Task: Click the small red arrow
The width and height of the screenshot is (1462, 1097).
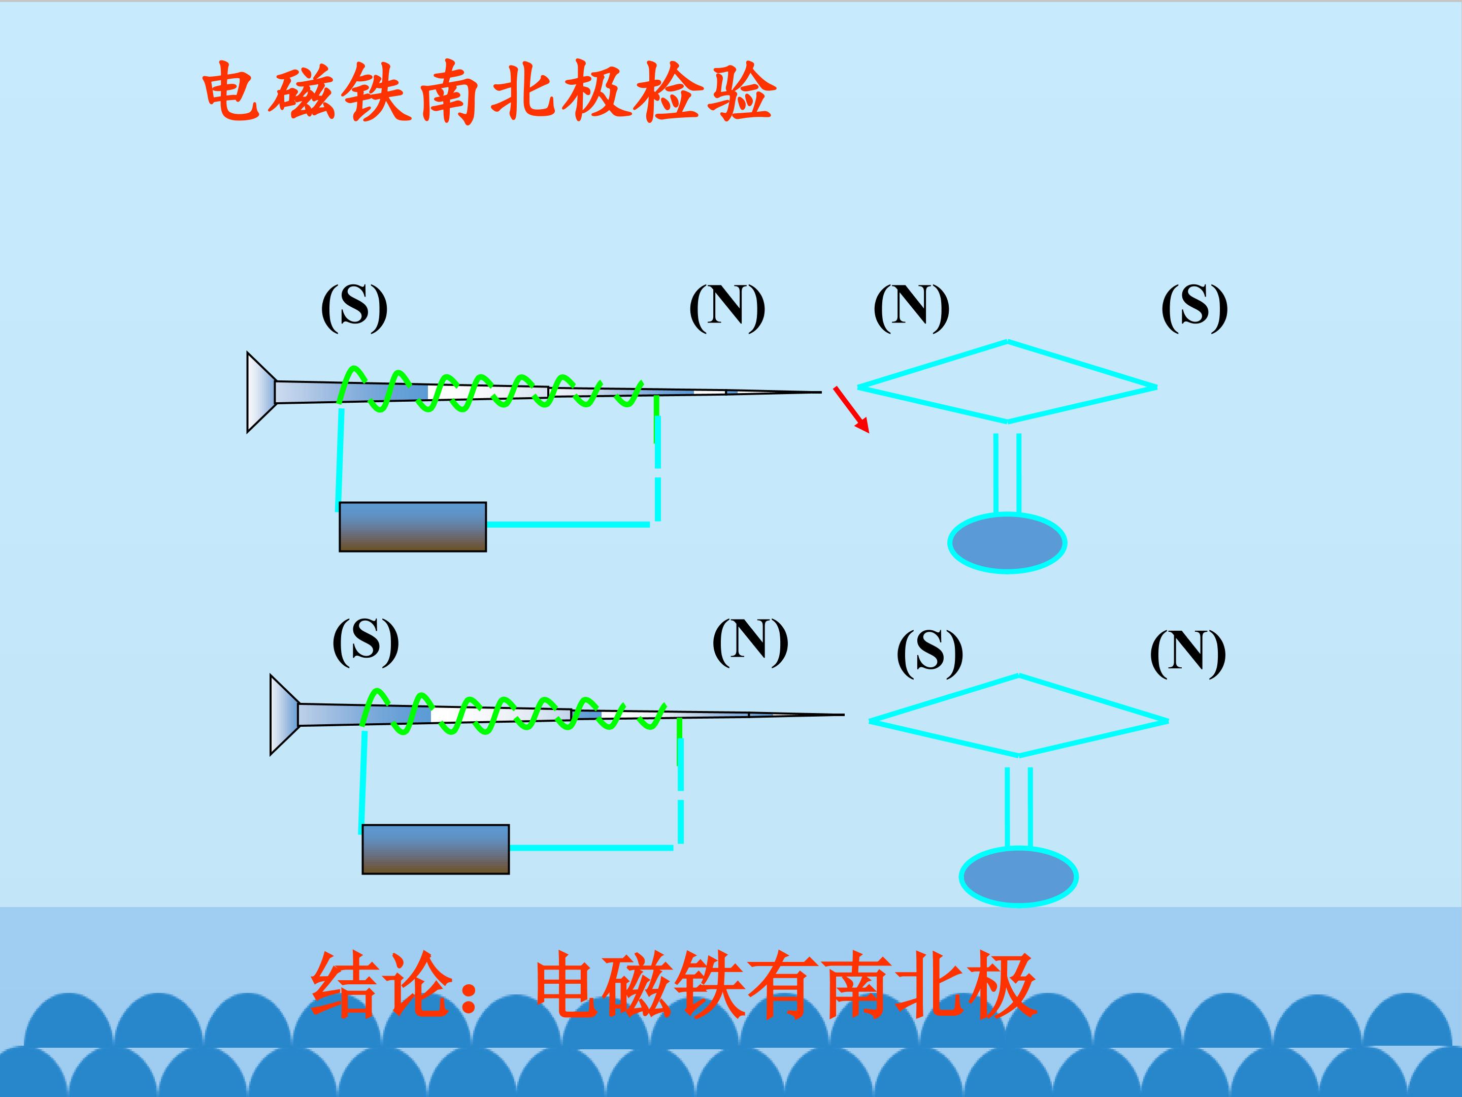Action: [851, 409]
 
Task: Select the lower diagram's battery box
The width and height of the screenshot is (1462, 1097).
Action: [436, 849]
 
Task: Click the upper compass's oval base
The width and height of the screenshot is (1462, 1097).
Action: [1007, 543]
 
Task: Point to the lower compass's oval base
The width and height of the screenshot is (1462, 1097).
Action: [1018, 877]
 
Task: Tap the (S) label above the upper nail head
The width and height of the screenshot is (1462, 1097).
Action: [354, 307]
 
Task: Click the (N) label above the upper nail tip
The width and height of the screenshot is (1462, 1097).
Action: [727, 307]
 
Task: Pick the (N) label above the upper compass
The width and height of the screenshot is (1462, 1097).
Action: [911, 307]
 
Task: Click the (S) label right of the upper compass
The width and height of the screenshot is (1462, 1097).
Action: [1195, 307]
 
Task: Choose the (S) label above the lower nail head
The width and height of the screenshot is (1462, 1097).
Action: [365, 641]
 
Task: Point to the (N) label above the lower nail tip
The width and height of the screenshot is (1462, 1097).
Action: [750, 641]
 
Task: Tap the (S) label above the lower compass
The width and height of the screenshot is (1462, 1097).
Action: [930, 653]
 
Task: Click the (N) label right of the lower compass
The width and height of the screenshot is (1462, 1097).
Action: [1188, 653]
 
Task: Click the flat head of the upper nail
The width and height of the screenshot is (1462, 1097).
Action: [260, 392]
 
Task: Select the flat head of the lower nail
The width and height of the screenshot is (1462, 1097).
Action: [284, 715]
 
